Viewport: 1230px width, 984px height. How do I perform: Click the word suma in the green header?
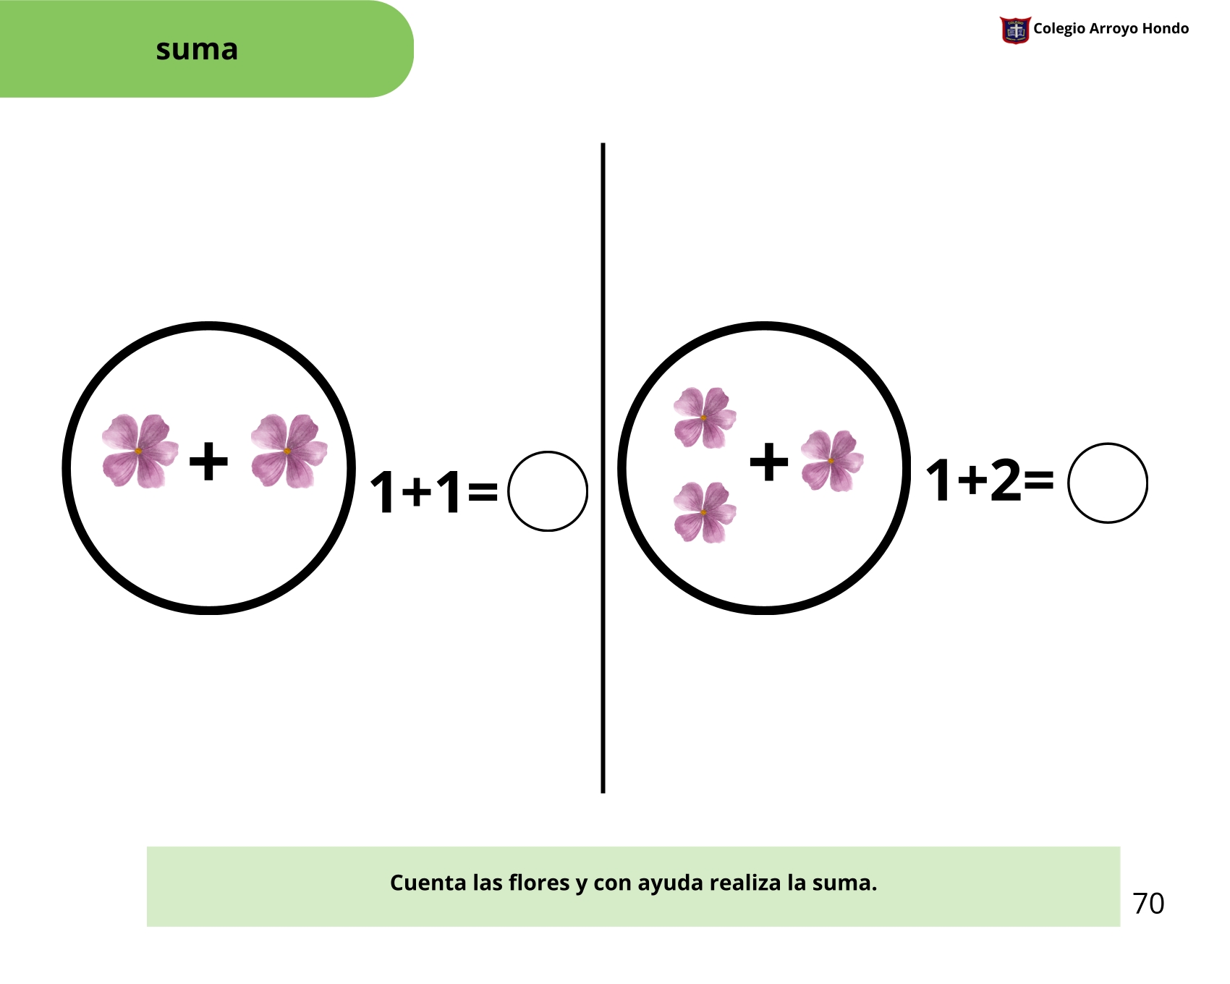197,49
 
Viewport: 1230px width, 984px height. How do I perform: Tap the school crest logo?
1014,30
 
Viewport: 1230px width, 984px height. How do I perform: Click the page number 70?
1148,904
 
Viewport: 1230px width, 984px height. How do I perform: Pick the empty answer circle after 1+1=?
548,491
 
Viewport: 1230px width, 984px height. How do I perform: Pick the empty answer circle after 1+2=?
1107,483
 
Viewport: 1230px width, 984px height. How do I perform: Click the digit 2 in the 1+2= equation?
1006,480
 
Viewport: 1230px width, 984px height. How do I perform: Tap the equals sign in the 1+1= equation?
483,492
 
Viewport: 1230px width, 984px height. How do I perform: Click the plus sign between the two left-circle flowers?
208,461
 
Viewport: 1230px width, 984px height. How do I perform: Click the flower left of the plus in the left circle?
140,451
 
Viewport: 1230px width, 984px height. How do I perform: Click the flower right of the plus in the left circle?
289,451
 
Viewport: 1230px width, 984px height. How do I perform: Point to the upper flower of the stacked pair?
704,417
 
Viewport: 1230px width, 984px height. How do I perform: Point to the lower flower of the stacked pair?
704,512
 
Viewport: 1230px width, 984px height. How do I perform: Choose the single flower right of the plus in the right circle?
831,461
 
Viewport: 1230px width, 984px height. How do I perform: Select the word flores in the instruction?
538,883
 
